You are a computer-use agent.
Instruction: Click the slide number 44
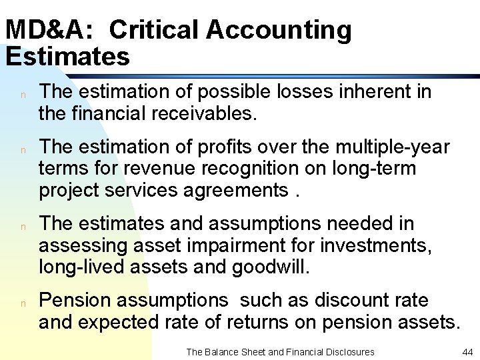pos(467,351)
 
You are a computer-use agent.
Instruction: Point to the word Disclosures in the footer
pos(347,351)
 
